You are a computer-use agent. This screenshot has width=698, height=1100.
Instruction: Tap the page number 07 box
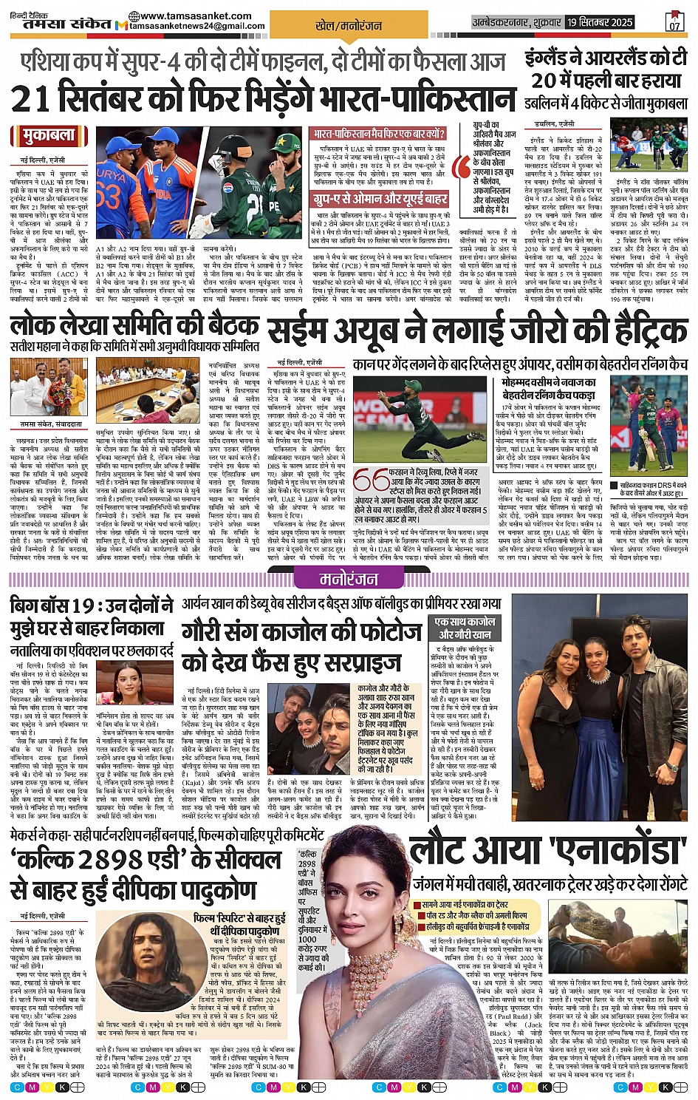pos(674,21)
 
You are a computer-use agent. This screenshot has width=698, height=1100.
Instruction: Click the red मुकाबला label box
pos(43,136)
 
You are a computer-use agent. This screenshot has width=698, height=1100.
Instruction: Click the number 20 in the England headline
pos(544,80)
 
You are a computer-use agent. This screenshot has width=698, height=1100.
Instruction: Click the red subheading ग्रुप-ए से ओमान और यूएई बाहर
pos(380,198)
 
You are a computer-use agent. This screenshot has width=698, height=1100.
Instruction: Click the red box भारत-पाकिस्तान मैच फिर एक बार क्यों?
pos(379,135)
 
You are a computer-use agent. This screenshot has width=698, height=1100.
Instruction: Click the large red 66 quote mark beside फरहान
pos(370,481)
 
